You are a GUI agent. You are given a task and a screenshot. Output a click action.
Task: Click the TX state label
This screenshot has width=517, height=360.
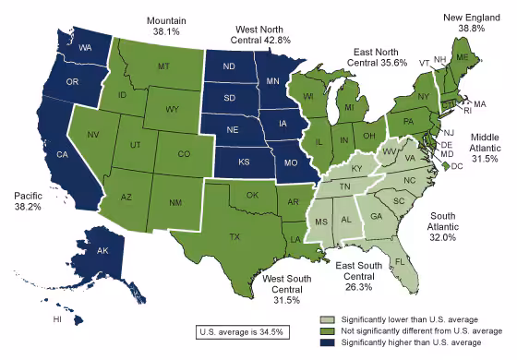(235, 237)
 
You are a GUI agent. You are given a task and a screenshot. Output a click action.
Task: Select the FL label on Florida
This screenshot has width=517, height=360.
(400, 261)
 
